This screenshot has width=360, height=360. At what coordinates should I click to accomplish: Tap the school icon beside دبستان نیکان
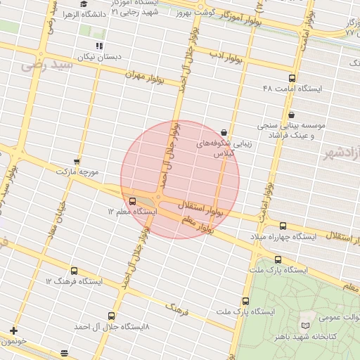pyautogui.click(x=99, y=45)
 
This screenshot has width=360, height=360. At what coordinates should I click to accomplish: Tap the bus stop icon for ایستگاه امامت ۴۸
pyautogui.click(x=292, y=78)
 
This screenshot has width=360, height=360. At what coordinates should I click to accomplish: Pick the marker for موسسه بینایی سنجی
pyautogui.click(x=290, y=115)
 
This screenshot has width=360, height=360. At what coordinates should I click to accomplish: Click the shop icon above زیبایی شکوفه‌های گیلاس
pyautogui.click(x=224, y=131)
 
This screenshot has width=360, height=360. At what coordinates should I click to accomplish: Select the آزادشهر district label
pyautogui.click(x=341, y=152)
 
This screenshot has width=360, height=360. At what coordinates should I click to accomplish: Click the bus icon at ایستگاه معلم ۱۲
pyautogui.click(x=133, y=201)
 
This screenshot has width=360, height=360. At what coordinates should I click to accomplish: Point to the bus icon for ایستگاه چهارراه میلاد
pyautogui.click(x=283, y=226)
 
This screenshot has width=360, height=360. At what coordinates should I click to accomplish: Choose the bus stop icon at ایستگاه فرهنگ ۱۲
pyautogui.click(x=74, y=271)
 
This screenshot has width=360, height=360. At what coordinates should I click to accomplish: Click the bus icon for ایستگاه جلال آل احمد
pyautogui.click(x=111, y=316)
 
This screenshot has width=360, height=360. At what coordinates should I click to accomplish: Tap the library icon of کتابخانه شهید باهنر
pyautogui.click(x=304, y=326)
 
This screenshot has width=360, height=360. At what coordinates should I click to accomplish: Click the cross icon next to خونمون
pyautogui.click(x=13, y=330)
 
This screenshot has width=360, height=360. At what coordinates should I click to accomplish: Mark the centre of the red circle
pyautogui.click(x=180, y=179)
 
